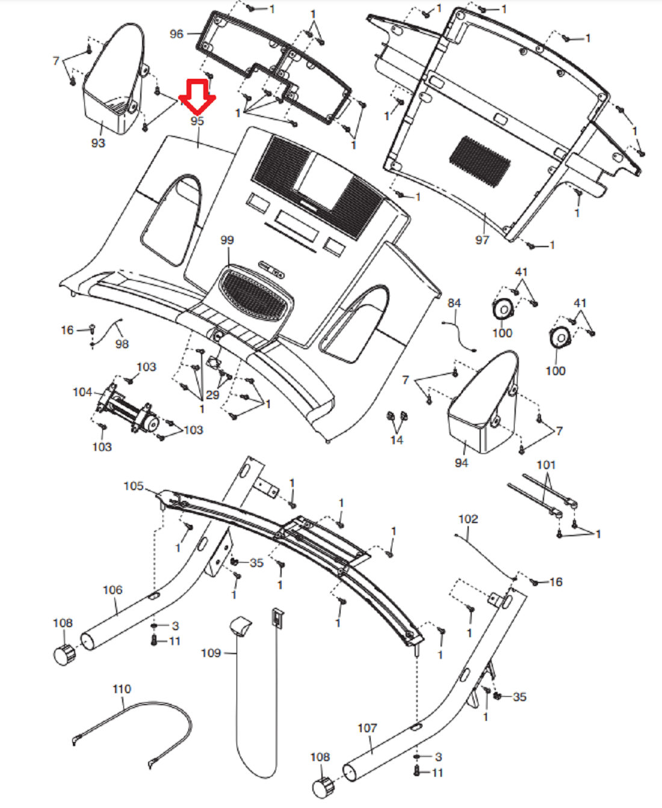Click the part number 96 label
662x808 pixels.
[176, 34]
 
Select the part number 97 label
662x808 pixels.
[482, 240]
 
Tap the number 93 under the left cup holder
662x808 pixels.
[98, 142]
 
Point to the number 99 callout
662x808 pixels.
[227, 240]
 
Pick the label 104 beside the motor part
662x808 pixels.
[82, 392]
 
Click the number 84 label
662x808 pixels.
[454, 304]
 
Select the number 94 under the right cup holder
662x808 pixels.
[462, 462]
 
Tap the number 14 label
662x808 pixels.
[397, 440]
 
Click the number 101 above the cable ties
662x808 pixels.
[546, 465]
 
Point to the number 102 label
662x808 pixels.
[468, 519]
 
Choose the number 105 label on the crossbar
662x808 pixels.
[134, 486]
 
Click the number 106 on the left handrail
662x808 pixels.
[113, 590]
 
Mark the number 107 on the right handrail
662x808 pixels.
[367, 728]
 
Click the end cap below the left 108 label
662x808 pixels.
[64, 653]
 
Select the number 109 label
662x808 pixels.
[211, 653]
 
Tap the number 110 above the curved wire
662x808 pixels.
[122, 689]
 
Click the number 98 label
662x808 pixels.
[122, 344]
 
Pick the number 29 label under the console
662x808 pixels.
[212, 395]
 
